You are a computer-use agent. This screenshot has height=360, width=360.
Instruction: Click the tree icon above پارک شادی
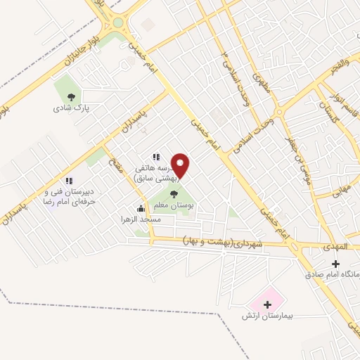pos(70,97)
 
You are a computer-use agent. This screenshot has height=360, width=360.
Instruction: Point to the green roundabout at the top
pos(117,22)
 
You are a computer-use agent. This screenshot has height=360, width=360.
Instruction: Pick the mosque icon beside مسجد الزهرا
pos(141,208)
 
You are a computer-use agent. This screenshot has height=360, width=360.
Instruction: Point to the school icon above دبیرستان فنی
pos(68,181)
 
